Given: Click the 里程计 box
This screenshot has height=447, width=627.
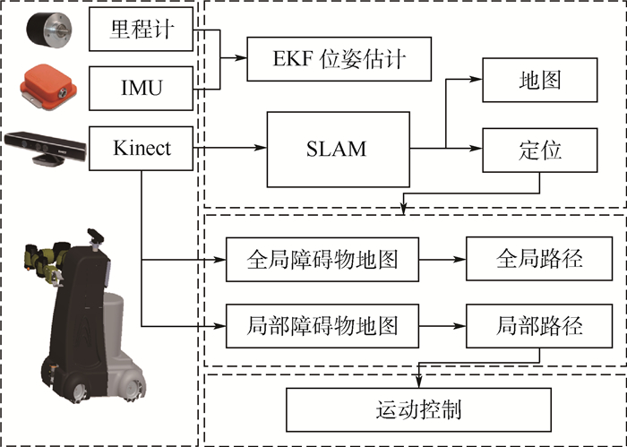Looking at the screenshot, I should (142, 32).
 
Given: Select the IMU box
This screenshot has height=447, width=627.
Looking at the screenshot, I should (142, 88).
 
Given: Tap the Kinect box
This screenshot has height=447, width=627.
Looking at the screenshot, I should (142, 147).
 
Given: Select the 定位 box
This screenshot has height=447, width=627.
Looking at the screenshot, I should (539, 149).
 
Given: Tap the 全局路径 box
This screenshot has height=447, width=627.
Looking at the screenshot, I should (539, 259).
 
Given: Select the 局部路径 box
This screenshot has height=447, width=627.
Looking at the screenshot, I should (539, 324).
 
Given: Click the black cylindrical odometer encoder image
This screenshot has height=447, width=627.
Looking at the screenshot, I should (42, 33).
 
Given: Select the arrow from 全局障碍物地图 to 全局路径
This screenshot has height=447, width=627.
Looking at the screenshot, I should (443, 259).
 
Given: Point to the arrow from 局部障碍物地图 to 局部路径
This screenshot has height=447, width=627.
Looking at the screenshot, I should (443, 324).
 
